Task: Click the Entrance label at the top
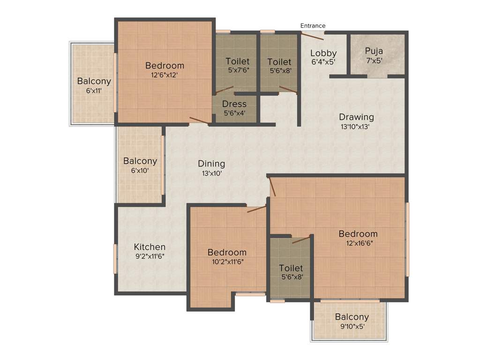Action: (313, 25)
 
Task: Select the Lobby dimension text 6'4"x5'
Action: (323, 61)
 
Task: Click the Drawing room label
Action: (356, 117)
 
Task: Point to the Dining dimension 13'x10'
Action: (211, 173)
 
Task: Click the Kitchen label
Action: (150, 247)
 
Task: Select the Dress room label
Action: (234, 104)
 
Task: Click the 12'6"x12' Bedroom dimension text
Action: (164, 74)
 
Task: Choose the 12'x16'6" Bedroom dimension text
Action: (358, 243)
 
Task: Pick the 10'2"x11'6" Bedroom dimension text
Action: (227, 262)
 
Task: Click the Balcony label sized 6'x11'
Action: (94, 81)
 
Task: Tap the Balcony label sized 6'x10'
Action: (140, 161)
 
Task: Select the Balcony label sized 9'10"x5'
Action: (352, 317)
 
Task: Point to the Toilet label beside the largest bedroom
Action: (291, 268)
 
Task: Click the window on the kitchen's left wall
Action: (115, 259)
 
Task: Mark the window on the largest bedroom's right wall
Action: (407, 239)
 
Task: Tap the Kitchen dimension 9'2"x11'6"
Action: (150, 256)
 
